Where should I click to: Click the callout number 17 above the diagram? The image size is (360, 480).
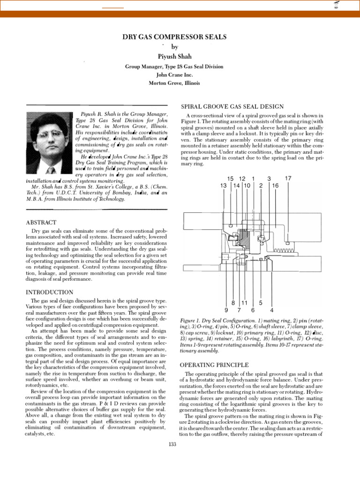(x=288, y=179)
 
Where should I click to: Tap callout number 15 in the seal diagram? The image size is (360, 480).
(x=230, y=179)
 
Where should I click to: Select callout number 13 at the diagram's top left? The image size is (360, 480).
(x=223, y=186)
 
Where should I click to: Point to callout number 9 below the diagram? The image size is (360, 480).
(x=226, y=310)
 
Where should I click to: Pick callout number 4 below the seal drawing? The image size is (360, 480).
(x=272, y=310)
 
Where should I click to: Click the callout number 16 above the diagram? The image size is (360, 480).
(x=275, y=186)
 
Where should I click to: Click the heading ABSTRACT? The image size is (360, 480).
(x=41, y=222)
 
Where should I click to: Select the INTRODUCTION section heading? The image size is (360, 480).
(x=49, y=292)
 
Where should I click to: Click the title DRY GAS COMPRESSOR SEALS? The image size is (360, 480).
(x=174, y=37)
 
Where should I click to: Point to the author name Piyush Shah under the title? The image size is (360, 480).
(x=174, y=57)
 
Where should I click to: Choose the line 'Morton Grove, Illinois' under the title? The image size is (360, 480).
(x=174, y=83)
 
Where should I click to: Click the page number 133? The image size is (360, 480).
(x=172, y=444)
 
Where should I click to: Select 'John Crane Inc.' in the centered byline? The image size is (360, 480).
(x=174, y=75)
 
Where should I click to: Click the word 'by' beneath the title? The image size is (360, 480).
(x=175, y=47)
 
